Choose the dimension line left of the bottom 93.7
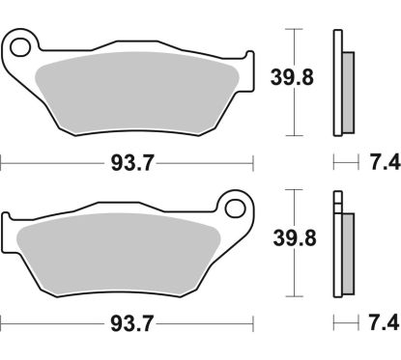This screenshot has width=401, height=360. coord(48,318)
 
